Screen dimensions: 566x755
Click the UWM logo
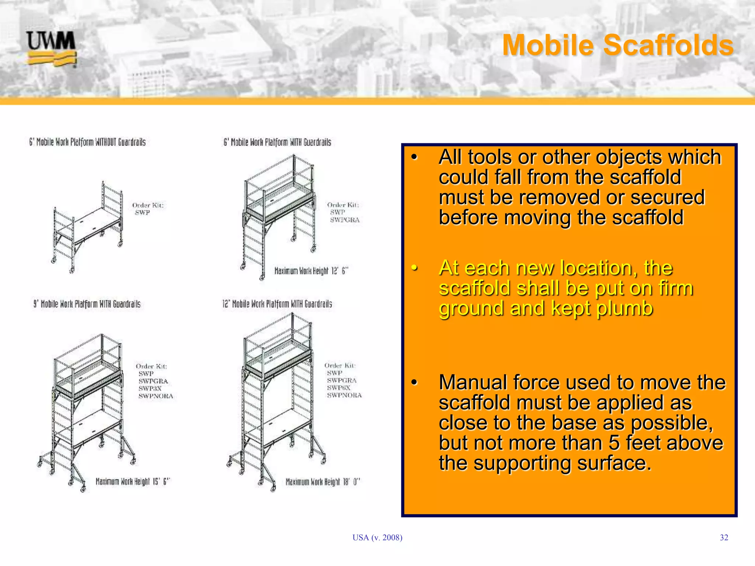click(51, 48)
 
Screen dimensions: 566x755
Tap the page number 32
click(724, 538)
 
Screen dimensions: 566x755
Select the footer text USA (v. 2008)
click(377, 538)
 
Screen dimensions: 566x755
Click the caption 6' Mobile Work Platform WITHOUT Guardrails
click(87, 142)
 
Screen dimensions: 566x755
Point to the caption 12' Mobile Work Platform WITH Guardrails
click(277, 304)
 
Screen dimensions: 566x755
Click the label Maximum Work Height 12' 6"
click(311, 271)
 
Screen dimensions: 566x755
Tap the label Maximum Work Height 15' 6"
click(132, 482)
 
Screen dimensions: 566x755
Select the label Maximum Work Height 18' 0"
click(323, 482)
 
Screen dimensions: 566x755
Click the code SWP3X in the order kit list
click(150, 388)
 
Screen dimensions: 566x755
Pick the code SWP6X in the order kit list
click(338, 388)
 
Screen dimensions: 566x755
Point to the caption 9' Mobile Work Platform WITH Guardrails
click(87, 304)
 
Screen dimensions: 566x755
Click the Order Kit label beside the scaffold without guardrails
click(148, 205)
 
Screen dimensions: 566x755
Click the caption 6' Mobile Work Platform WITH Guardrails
click(277, 142)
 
